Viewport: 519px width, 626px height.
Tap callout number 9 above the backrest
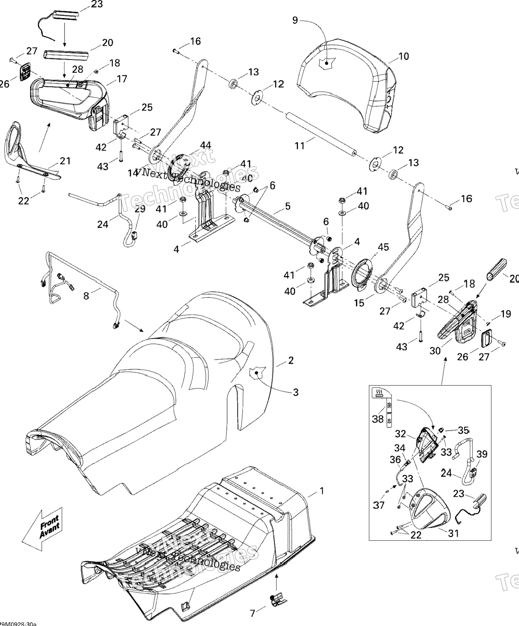tap(295, 20)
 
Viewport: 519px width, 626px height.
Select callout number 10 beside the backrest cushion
tap(404, 56)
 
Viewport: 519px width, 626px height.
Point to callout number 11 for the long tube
tap(299, 146)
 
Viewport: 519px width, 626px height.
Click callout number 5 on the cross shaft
tap(288, 206)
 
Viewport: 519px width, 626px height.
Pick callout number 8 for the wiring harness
tap(86, 296)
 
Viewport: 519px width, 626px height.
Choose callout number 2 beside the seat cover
tap(291, 361)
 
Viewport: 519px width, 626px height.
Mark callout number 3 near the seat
tap(296, 392)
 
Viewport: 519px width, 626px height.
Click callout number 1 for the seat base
tap(322, 491)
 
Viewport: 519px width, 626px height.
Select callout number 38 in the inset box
tap(378, 419)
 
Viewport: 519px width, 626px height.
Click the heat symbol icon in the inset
tap(379, 392)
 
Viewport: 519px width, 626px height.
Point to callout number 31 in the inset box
tap(453, 533)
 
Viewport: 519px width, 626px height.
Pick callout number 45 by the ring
tap(383, 247)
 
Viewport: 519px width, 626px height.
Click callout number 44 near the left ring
tap(205, 145)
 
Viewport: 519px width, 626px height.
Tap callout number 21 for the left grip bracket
tap(65, 161)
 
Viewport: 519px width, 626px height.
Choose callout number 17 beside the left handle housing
tap(122, 79)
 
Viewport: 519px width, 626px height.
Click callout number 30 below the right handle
tap(435, 351)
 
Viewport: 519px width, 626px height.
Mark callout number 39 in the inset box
tap(482, 454)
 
